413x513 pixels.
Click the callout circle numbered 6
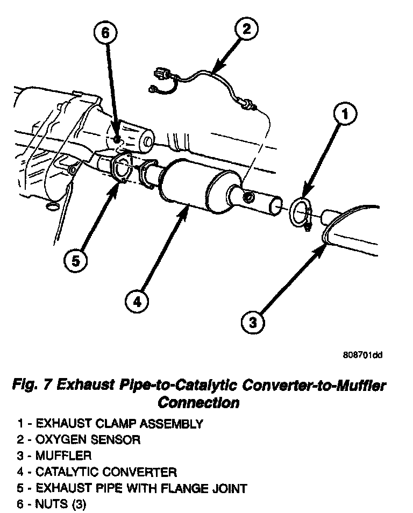tap(105, 32)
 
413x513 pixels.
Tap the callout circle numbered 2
tap(245, 28)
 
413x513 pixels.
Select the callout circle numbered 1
tap(345, 114)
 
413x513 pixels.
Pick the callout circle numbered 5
tap(75, 261)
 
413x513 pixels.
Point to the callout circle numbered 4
tap(138, 302)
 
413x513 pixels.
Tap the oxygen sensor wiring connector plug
tap(159, 73)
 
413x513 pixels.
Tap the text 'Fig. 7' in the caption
tap(31, 385)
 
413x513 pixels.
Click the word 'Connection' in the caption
tap(199, 402)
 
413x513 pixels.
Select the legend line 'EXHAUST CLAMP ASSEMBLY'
tap(119, 424)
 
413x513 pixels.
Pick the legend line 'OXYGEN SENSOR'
tap(88, 440)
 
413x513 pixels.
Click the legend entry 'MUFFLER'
tap(63, 456)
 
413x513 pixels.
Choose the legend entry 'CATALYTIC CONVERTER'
tap(105, 472)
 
